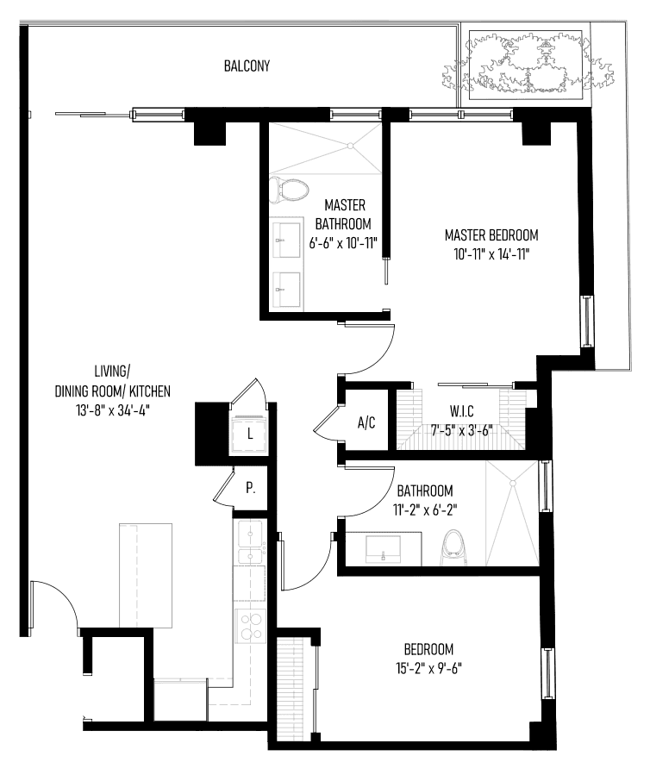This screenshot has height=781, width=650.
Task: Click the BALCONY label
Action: tap(247, 66)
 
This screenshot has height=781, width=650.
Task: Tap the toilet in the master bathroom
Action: tap(289, 190)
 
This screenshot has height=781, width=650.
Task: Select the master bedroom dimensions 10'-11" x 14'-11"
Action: tap(491, 254)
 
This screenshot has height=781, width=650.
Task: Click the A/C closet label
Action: tap(366, 423)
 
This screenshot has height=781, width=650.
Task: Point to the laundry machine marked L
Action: tap(250, 434)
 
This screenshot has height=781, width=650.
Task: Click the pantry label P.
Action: tap(251, 488)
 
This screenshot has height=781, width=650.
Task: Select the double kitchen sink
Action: tap(252, 542)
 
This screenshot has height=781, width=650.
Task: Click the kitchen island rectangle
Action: tap(146, 575)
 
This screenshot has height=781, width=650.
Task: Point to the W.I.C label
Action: tap(462, 411)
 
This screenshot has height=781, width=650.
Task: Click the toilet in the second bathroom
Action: tap(453, 547)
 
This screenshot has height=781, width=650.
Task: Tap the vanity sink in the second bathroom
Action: tap(383, 549)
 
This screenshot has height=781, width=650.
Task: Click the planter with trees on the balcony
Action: tap(526, 64)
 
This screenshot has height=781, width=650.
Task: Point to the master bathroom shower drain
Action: tap(350, 146)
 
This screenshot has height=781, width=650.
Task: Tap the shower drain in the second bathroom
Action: tap(512, 483)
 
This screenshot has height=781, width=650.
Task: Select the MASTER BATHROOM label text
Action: tap(344, 214)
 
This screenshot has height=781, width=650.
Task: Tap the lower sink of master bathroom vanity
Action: tap(286, 290)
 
